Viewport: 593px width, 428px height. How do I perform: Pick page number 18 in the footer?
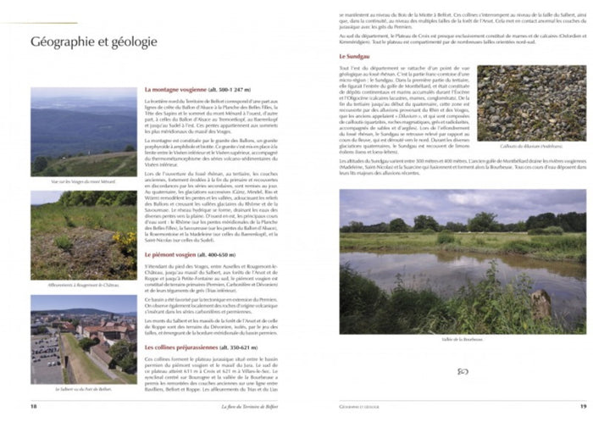pyautogui.click(x=34, y=406)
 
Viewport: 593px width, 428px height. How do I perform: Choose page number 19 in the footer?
pyautogui.click(x=583, y=406)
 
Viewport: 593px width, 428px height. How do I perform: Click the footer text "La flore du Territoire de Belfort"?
pyautogui.click(x=249, y=406)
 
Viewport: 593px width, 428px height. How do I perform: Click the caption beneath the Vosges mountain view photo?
pyautogui.click(x=84, y=181)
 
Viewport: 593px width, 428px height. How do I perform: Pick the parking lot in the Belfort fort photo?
pyautogui.click(x=46, y=343)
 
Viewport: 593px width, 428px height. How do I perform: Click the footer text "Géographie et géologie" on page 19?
pyautogui.click(x=358, y=406)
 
